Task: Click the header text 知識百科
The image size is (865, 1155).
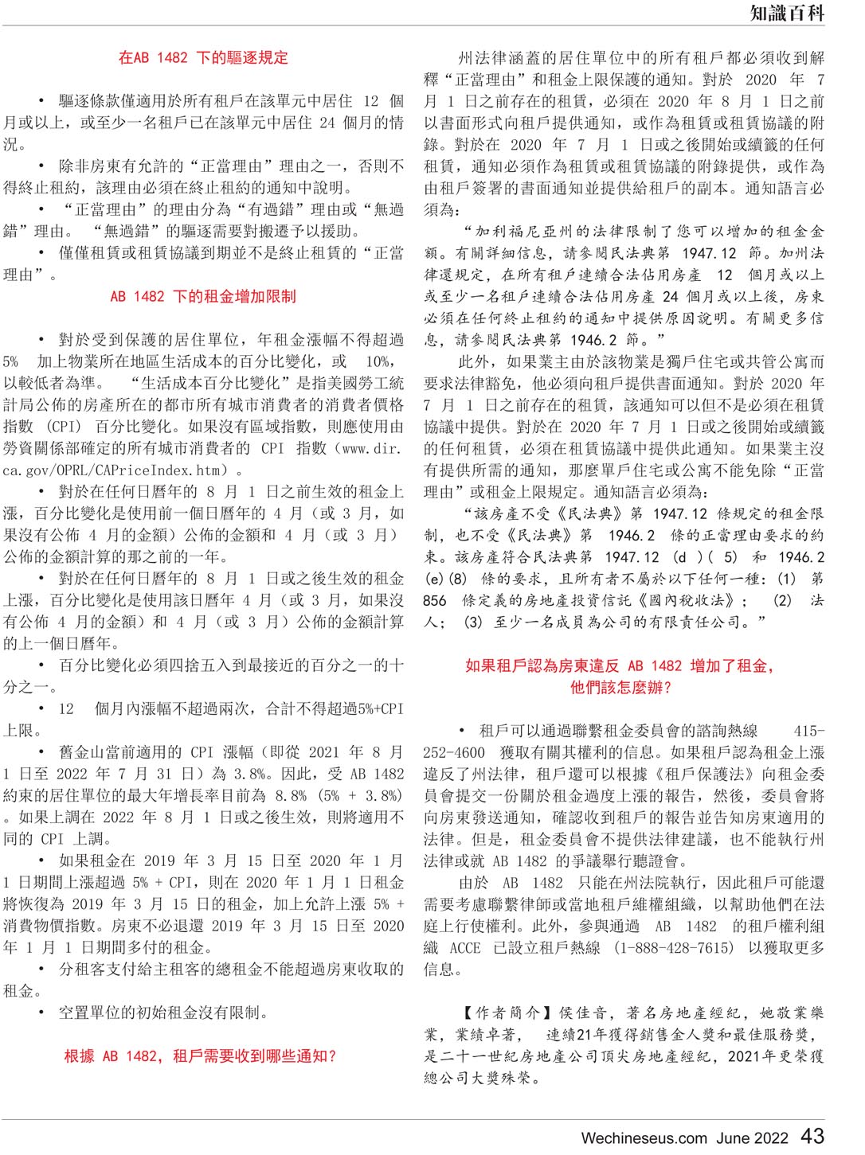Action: point(786,13)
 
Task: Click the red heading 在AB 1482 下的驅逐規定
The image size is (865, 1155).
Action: point(203,57)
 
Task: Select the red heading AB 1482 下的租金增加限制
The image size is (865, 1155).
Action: point(203,296)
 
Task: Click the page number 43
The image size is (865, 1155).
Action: point(812,1136)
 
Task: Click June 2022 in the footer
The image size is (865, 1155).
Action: point(752,1138)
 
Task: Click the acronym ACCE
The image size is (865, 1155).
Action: point(464,947)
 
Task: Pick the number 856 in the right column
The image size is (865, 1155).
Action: point(435,600)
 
